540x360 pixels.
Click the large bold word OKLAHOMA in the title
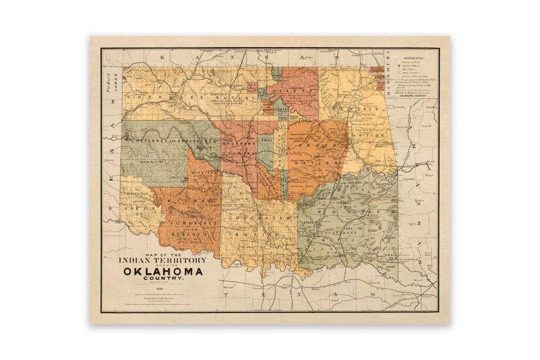point(163,271)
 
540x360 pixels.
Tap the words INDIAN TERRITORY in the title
point(162,260)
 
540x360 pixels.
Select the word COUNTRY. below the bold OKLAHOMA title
point(163,278)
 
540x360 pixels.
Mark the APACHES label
point(190,234)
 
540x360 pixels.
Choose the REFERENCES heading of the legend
point(414,57)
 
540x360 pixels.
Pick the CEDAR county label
point(370,231)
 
